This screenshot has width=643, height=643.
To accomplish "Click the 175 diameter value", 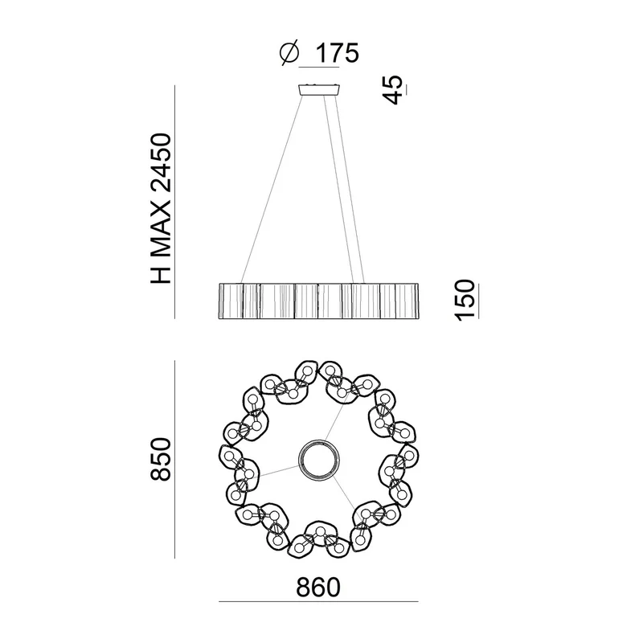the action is click(338, 53).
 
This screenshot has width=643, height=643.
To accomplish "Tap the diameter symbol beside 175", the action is click(289, 53).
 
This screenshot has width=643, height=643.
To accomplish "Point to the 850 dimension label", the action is click(160, 459).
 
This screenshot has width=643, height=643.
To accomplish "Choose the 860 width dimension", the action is click(318, 588).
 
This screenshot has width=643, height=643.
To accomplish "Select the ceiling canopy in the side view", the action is click(320, 90).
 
